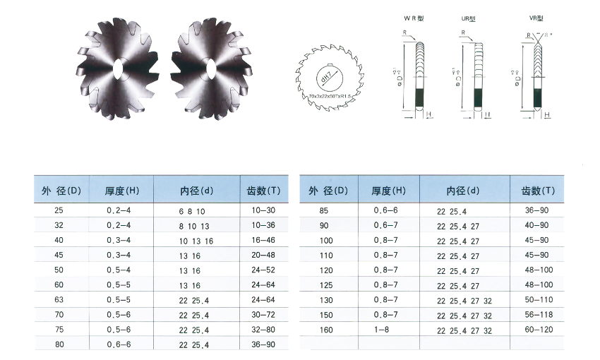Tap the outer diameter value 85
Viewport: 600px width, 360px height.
(324, 211)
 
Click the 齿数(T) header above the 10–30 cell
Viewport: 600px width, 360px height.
(260, 191)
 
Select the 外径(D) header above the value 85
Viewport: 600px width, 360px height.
(329, 191)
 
